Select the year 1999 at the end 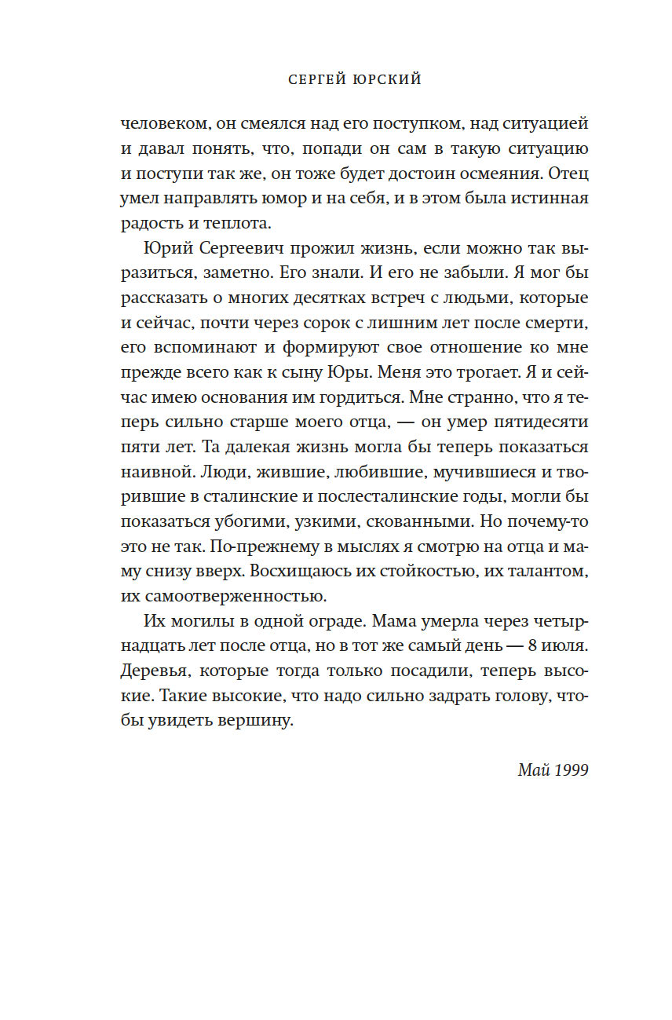click(568, 770)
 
